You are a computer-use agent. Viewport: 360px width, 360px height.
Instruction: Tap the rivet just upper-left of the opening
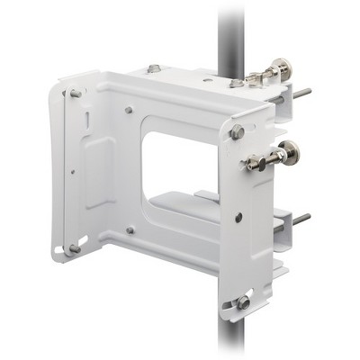(130, 111)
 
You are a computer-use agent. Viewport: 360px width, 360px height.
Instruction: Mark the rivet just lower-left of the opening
(130, 230)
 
